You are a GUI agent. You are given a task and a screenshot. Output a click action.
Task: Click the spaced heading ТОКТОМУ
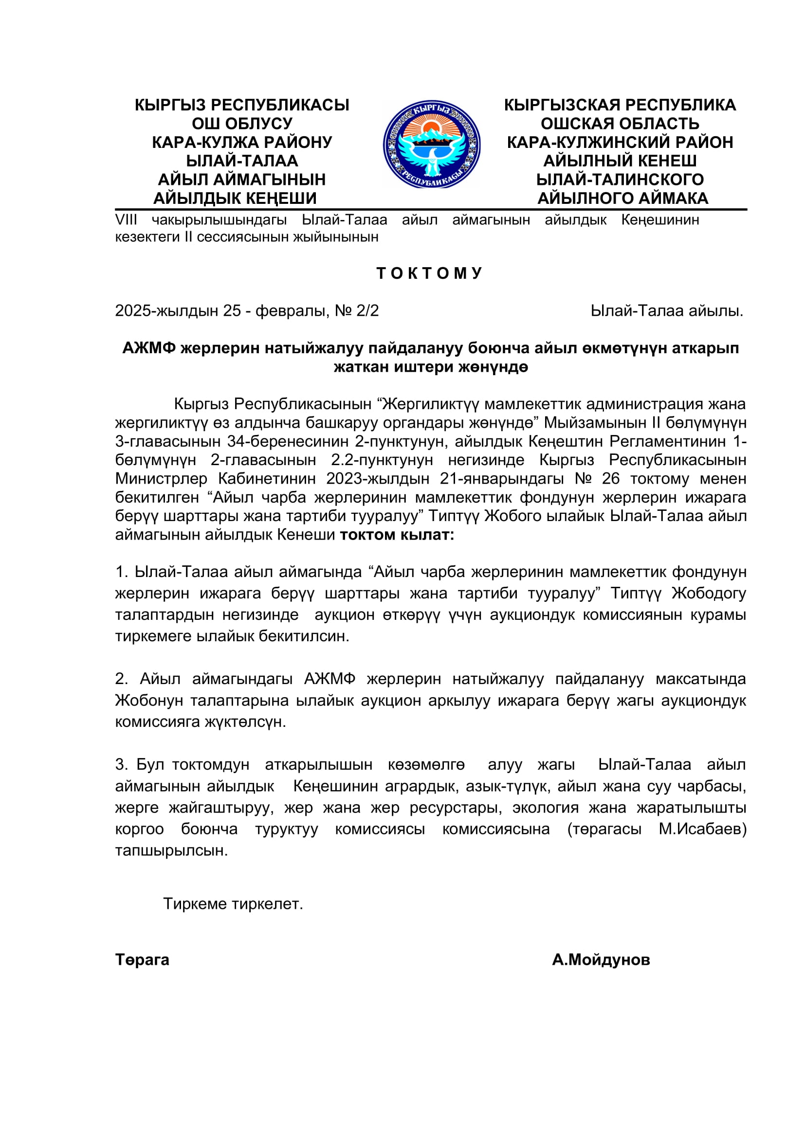coord(429,273)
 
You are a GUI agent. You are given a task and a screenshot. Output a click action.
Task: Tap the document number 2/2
coord(367,311)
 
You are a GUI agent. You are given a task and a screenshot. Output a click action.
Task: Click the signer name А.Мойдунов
coord(601,960)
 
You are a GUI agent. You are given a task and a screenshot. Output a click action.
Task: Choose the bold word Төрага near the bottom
coord(142,960)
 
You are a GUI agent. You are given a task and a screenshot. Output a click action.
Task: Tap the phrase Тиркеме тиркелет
coord(233,904)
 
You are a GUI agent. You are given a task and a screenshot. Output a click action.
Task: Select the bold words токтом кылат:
coord(397,535)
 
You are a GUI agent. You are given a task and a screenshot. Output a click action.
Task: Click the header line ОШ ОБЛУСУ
coord(242,124)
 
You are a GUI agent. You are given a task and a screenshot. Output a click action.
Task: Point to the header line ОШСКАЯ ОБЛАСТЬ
coord(620,124)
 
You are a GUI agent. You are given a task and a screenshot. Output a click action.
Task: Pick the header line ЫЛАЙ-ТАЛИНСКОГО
coord(620,180)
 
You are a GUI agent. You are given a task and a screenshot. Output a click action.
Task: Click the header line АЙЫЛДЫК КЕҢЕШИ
coord(235,198)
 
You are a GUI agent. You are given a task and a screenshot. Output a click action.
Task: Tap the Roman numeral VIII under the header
coord(126,219)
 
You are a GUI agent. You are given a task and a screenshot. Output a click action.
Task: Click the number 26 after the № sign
coord(611,479)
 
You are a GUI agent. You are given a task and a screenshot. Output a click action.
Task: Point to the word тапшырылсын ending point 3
coord(171,851)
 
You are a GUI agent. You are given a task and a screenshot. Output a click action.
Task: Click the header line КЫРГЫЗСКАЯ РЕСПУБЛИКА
coord(620,105)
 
